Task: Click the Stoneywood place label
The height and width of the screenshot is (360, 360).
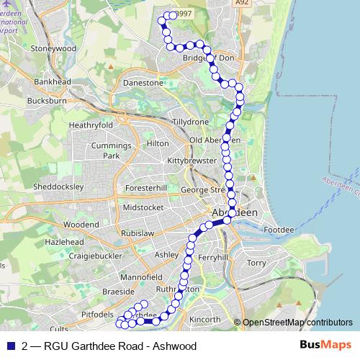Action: [53, 48]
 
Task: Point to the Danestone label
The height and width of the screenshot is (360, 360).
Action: [144, 83]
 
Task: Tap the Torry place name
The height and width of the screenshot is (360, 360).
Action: [256, 264]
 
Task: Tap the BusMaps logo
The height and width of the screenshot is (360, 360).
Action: [325, 346]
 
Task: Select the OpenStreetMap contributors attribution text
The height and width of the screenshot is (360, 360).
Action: [297, 323]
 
